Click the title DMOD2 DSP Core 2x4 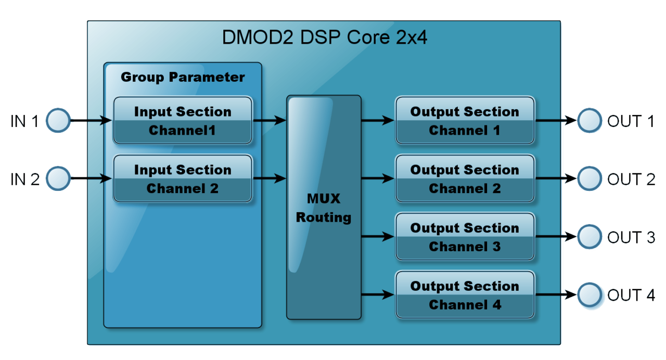[x=324, y=38]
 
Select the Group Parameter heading [x=183, y=78]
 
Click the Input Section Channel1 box [x=183, y=121]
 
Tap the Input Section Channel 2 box [x=183, y=179]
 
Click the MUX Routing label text [x=324, y=208]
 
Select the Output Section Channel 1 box [x=465, y=121]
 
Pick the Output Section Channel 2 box [x=465, y=179]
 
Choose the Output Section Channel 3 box [x=465, y=237]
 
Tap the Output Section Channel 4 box [x=465, y=295]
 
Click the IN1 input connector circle [x=58, y=121]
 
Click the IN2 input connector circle [x=58, y=179]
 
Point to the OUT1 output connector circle [x=590, y=121]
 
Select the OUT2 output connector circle [x=590, y=179]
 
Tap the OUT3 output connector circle [x=590, y=237]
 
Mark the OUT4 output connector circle [x=590, y=295]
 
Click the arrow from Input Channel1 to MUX [x=270, y=121]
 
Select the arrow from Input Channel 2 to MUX [x=270, y=179]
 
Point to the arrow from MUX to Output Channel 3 [x=378, y=237]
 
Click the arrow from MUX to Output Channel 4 [x=378, y=295]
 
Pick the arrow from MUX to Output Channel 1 [x=378, y=121]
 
